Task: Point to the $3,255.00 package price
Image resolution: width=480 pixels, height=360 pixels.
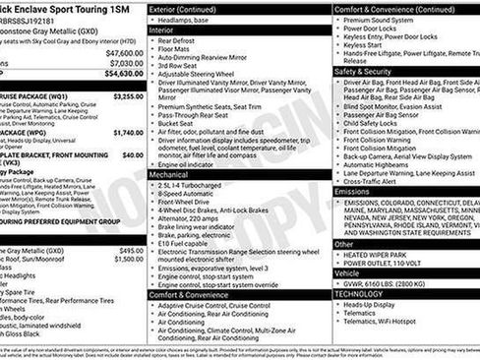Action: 127,96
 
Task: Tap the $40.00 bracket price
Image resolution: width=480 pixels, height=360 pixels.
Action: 132,154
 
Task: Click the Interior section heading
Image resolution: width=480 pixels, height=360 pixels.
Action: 161,30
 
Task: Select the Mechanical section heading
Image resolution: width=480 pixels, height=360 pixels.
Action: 168,173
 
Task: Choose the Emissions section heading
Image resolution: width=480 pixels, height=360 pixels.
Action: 354,193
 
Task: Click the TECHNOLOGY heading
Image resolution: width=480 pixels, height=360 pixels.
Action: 359,293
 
